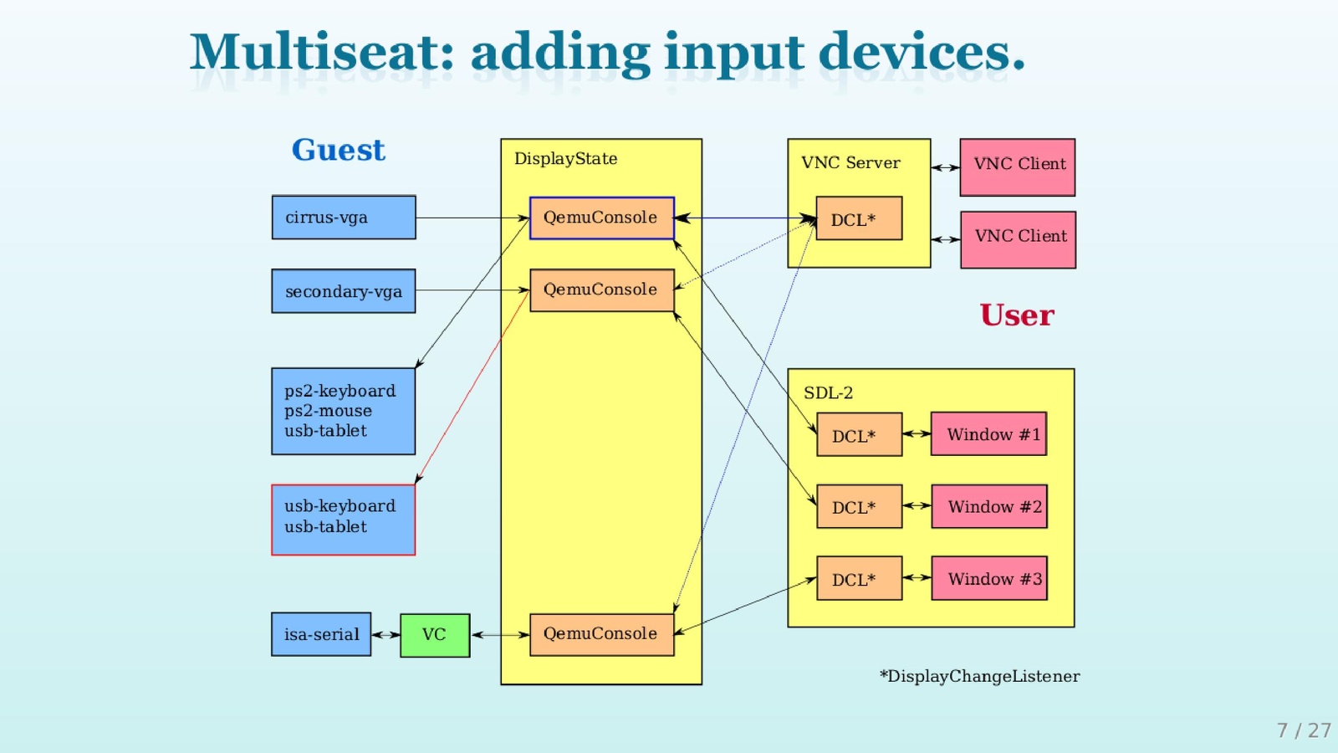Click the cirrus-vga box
coord(344,218)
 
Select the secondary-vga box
coord(344,291)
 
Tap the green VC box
coord(435,635)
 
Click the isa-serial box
coord(321,634)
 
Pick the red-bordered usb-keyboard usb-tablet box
coord(343,520)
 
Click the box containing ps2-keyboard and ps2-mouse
coord(343,411)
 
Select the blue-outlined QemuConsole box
coord(601,218)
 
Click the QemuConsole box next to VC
coord(601,634)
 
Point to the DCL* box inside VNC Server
coord(859,218)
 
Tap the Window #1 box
coord(988,434)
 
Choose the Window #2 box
coord(989,506)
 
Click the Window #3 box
coord(989,578)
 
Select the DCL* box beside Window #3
coord(859,578)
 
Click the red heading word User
coord(1017,315)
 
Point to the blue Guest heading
coord(338,150)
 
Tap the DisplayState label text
coord(565,159)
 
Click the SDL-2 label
coord(828,393)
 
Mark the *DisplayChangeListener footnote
coord(979,676)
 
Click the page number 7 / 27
coord(1303,730)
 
